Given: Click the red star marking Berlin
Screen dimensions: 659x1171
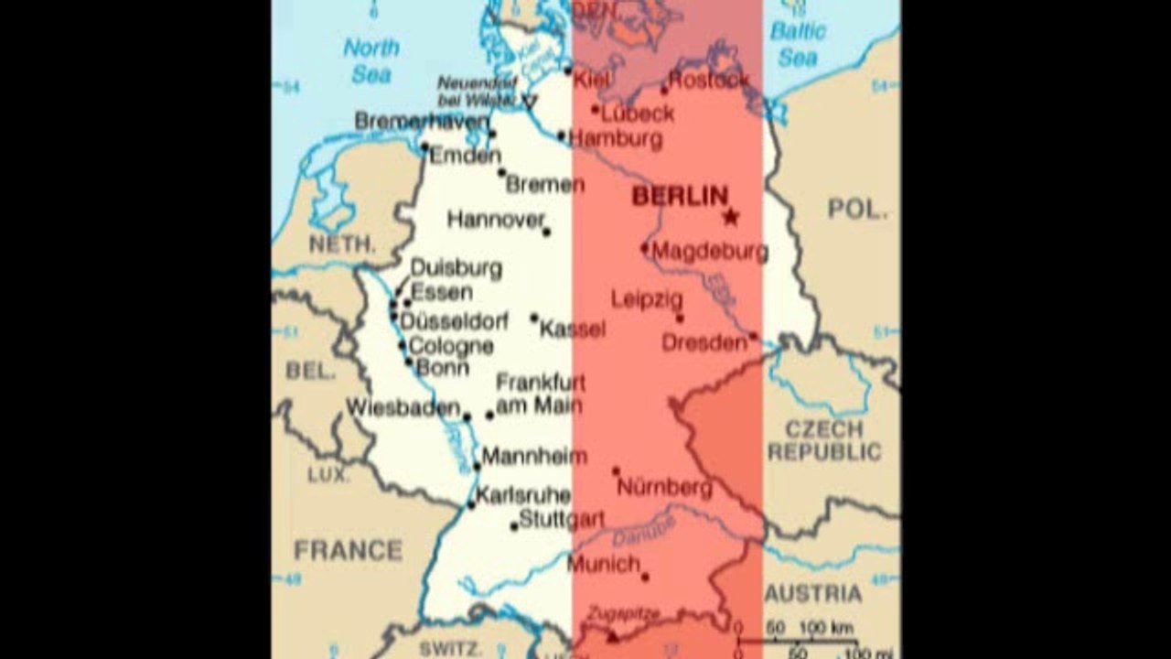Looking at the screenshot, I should [x=730, y=217].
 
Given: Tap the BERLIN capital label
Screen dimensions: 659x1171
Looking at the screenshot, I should [x=680, y=196].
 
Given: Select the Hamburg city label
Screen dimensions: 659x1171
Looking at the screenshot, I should [x=616, y=139].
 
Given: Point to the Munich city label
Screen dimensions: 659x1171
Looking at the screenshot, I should [x=603, y=564].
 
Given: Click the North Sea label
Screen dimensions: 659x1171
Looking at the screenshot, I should [x=371, y=60].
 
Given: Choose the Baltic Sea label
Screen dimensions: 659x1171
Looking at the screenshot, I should [x=798, y=44].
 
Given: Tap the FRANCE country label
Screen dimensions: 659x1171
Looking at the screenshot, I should [x=348, y=550].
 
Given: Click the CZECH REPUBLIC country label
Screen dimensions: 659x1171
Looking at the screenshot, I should [x=823, y=440].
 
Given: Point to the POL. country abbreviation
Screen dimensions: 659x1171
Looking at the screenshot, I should [x=857, y=209].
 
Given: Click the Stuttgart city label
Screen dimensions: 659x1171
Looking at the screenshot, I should [x=562, y=520].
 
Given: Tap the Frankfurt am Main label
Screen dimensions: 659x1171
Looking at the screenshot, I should [x=540, y=394].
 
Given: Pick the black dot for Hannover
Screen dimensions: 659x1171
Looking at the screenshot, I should [x=546, y=232].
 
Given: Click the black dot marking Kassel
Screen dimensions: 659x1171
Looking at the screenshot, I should [x=534, y=318].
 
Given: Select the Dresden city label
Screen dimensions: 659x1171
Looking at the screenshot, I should [x=704, y=343].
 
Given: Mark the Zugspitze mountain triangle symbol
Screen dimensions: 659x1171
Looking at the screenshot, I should [x=612, y=637].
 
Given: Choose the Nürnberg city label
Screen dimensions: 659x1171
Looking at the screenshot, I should [x=664, y=488].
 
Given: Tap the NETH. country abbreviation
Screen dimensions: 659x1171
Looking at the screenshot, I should [x=342, y=244].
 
